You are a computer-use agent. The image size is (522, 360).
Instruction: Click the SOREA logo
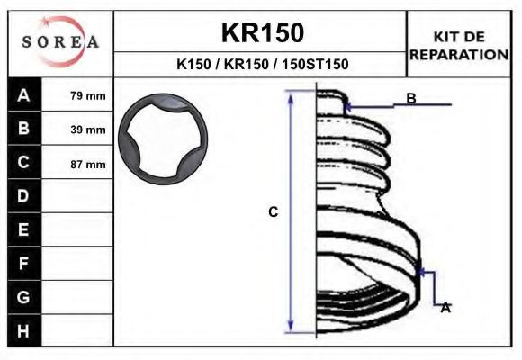tap(60, 41)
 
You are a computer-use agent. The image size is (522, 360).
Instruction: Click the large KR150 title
tap(263, 33)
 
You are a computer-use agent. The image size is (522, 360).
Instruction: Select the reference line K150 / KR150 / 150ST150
tap(262, 64)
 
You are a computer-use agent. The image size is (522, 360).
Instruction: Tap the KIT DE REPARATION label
tap(459, 46)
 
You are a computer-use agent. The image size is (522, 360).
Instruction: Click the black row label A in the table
tap(24, 94)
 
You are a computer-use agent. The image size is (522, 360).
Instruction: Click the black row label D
tap(24, 196)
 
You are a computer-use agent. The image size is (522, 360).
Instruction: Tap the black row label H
tap(24, 330)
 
